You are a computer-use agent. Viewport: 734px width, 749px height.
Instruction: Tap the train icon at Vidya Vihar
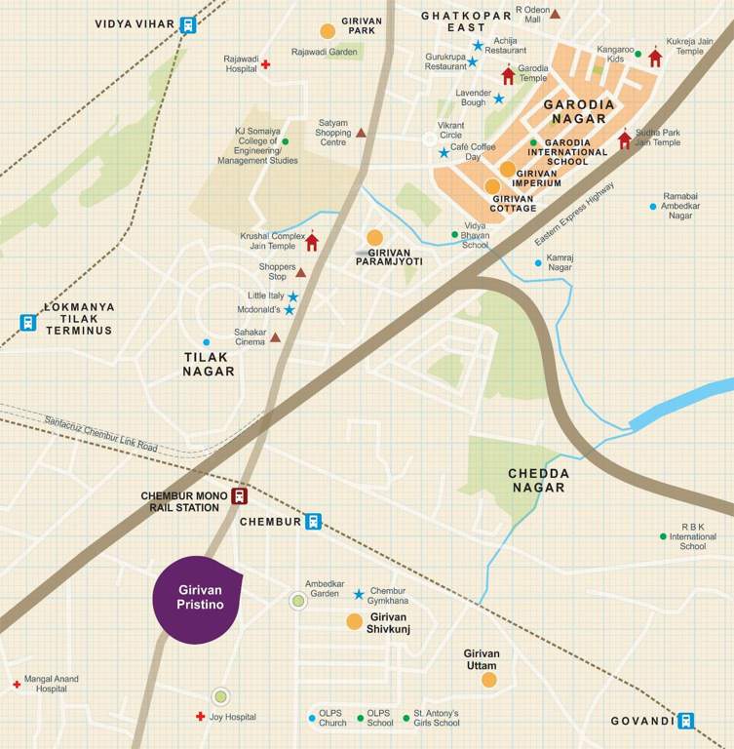tap(187, 25)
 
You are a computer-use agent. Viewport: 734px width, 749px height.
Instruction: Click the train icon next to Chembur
tap(313, 522)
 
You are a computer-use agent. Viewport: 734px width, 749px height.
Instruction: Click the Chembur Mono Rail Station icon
tap(239, 496)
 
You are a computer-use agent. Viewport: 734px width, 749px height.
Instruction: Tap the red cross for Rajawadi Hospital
tap(265, 64)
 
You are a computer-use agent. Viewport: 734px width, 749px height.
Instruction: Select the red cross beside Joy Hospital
tap(200, 717)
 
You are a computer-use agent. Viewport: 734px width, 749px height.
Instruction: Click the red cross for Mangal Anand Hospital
tap(17, 686)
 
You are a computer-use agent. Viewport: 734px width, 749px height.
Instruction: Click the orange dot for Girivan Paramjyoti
tap(374, 237)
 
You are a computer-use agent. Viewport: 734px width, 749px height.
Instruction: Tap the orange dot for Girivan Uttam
tap(489, 680)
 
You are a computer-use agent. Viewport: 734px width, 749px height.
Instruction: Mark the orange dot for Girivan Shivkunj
tap(354, 621)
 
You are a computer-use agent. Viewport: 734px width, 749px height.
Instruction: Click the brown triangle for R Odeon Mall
tap(555, 14)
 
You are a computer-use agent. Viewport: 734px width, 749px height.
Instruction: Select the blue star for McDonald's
tap(290, 310)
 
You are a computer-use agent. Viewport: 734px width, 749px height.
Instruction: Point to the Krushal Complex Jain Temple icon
tap(312, 242)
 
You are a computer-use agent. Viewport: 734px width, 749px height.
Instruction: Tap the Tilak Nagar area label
tap(209, 364)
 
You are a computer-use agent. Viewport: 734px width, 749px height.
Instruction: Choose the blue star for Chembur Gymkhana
tap(359, 594)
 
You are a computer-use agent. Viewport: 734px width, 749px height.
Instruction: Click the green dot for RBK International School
tap(663, 536)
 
